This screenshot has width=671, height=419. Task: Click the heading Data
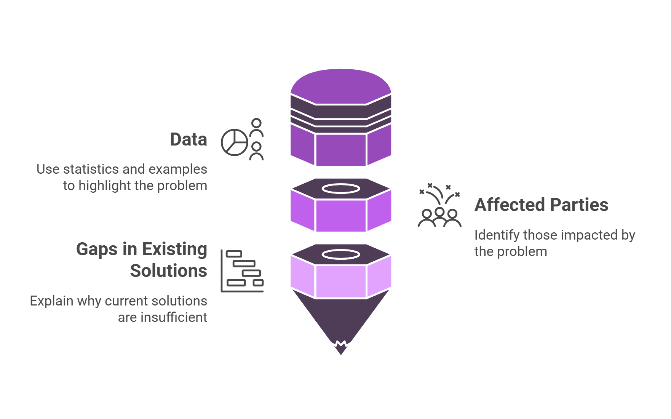point(189,139)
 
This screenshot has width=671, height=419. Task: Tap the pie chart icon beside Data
point(235,142)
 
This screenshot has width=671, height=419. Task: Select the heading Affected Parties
point(541,205)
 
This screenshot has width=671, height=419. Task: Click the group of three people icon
point(439,218)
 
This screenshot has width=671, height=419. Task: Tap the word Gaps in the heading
point(97,250)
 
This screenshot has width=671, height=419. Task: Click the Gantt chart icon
point(242,271)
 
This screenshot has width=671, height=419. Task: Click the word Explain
point(52,301)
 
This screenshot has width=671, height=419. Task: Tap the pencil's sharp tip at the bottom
point(341,355)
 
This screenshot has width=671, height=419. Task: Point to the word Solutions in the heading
point(169,271)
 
